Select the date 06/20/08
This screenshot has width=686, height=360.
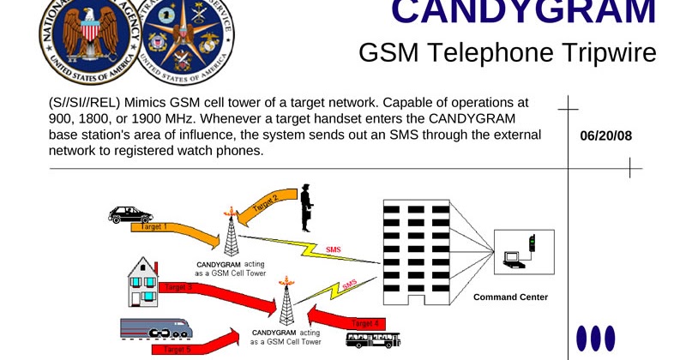[x=605, y=135]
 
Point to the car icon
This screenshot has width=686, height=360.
[x=130, y=213]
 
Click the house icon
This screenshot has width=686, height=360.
[x=144, y=282]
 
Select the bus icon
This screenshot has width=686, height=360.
[x=373, y=341]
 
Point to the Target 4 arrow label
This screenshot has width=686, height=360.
[x=364, y=323]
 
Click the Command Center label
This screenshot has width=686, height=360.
[x=510, y=297]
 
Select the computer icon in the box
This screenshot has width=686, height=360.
[x=514, y=256]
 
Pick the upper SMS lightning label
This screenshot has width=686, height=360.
[x=333, y=249]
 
